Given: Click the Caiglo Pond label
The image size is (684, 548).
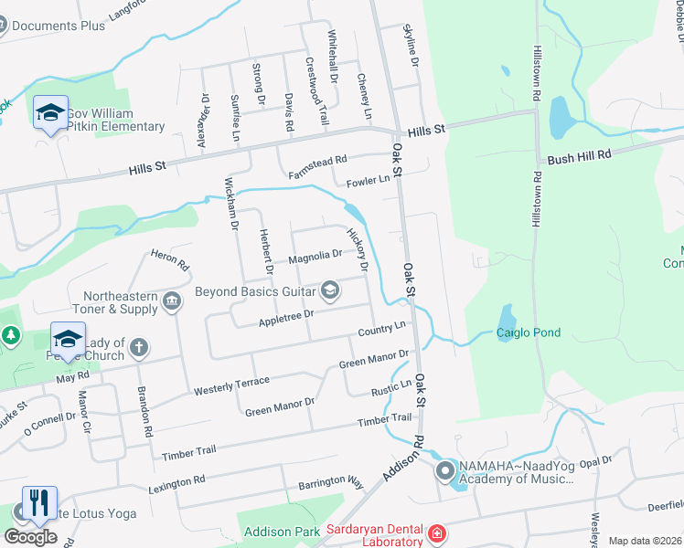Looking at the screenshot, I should pyautogui.click(x=529, y=333).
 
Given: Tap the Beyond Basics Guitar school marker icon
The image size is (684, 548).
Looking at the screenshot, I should pyautogui.click(x=330, y=291).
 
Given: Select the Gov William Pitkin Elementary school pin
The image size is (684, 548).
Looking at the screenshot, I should pyautogui.click(x=49, y=112).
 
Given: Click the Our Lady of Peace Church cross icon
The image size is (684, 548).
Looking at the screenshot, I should pyautogui.click(x=139, y=347).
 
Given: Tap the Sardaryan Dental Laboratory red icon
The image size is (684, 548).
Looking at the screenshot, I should pyautogui.click(x=437, y=532).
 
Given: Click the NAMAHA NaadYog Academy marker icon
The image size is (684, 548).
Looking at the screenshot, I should pyautogui.click(x=445, y=471).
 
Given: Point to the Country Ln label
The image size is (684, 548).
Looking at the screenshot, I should pyautogui.click(x=382, y=328).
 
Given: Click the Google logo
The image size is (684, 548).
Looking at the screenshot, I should pyautogui.click(x=30, y=537).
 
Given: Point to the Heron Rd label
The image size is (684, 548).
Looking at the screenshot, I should pyautogui.click(x=169, y=259).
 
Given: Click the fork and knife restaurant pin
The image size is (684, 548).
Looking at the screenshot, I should pyautogui.click(x=38, y=502).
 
